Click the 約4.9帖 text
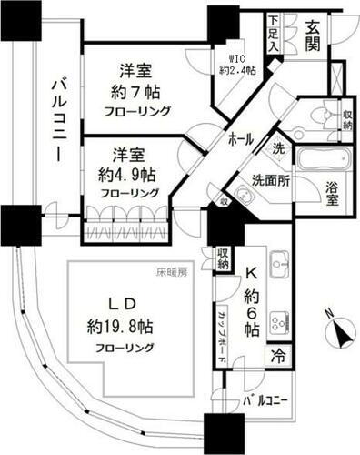pos(131,173)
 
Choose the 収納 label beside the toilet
pos(348,118)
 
